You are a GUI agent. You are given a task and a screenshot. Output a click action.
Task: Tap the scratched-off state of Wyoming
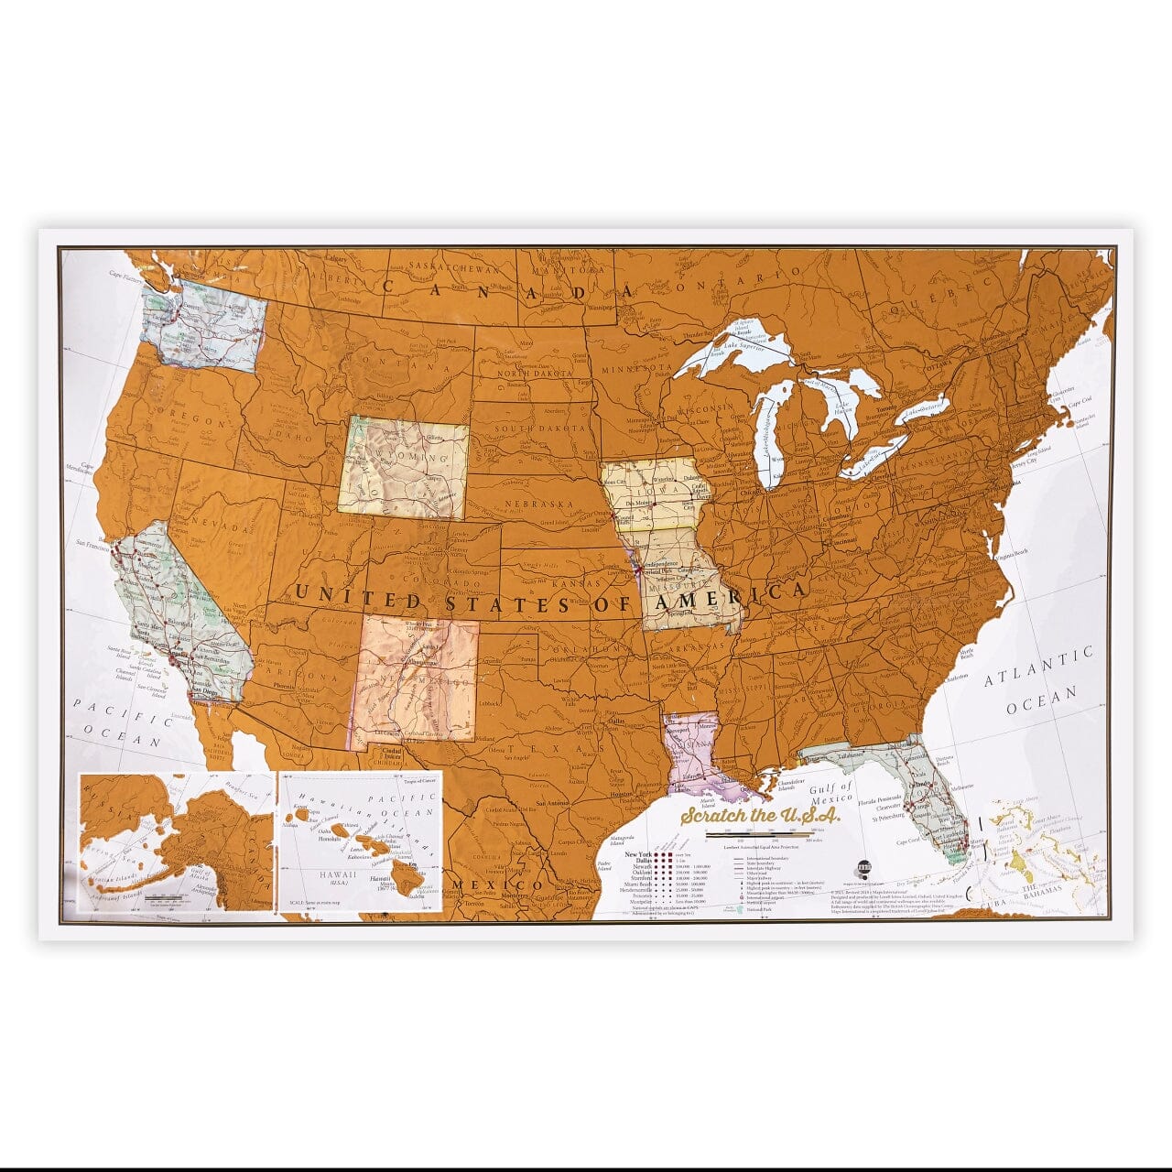[x=404, y=468]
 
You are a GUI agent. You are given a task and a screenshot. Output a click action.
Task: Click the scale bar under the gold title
[x=760, y=835]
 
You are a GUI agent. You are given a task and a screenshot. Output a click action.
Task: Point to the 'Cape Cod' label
[x=1080, y=401]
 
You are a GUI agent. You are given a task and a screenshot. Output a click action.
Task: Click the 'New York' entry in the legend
[x=638, y=853]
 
